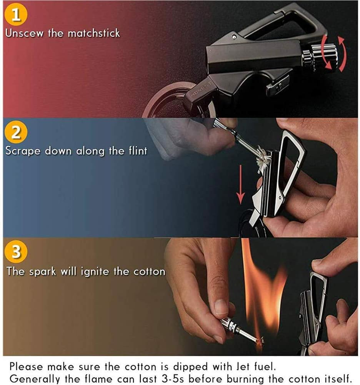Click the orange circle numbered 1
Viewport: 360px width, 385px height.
coord(17,15)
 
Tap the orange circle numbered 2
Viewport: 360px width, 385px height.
coord(17,133)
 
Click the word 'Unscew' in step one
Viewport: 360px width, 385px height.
coord(24,33)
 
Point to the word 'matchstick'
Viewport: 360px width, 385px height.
coord(94,33)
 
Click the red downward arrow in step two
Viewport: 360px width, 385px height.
coord(240,185)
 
